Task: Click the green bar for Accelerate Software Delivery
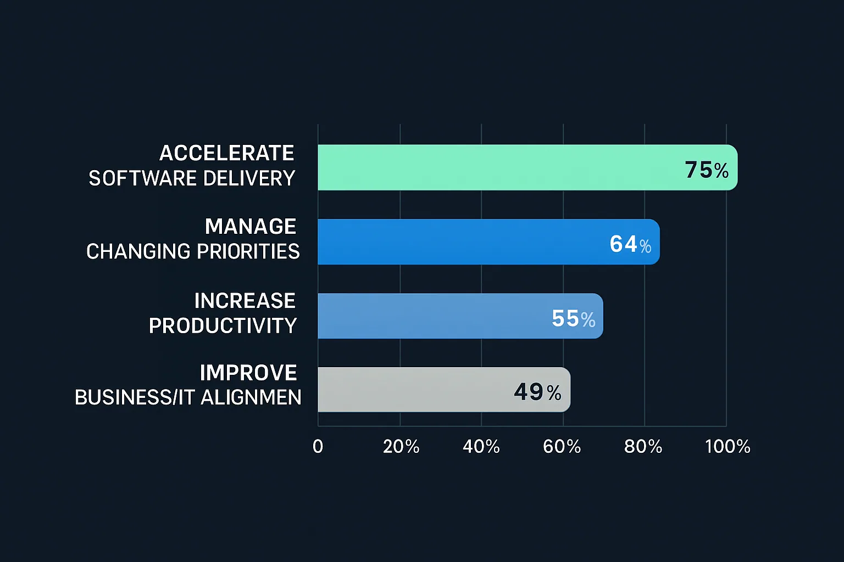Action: pyautogui.click(x=495, y=167)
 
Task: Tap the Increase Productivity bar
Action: pyautogui.click(x=434, y=316)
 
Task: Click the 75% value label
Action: pyautogui.click(x=707, y=170)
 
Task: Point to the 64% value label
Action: pyautogui.click(x=630, y=244)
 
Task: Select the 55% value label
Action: pyautogui.click(x=573, y=319)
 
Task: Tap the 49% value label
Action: pyautogui.click(x=537, y=392)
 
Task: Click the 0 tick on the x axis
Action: pyautogui.click(x=318, y=447)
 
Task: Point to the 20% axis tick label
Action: pyautogui.click(x=401, y=447)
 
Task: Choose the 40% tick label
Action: pyautogui.click(x=481, y=447)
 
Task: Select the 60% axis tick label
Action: pyautogui.click(x=562, y=447)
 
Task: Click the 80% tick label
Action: pyautogui.click(x=643, y=447)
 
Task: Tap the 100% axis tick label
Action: pyautogui.click(x=728, y=447)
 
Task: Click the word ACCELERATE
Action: pyautogui.click(x=227, y=153)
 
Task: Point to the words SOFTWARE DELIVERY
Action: pyautogui.click(x=192, y=178)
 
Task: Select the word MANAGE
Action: pyautogui.click(x=251, y=227)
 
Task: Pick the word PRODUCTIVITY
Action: pyautogui.click(x=223, y=326)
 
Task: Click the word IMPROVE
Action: pyautogui.click(x=248, y=373)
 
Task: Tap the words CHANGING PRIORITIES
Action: pyautogui.click(x=193, y=251)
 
